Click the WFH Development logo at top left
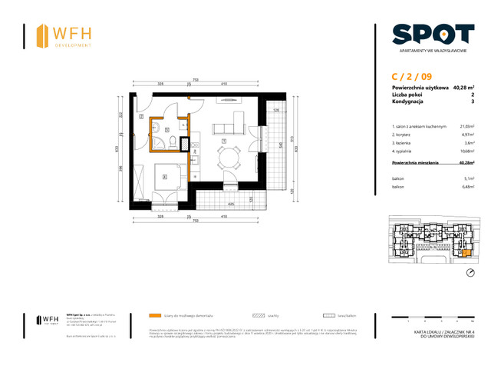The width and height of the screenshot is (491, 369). [x=65, y=35]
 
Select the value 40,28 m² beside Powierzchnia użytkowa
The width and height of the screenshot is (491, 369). [x=463, y=88]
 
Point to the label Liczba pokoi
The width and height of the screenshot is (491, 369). [x=407, y=95]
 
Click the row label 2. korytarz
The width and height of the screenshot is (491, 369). [x=404, y=135]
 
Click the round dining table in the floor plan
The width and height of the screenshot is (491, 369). [x=226, y=159]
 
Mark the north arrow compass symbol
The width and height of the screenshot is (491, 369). [x=470, y=274]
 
